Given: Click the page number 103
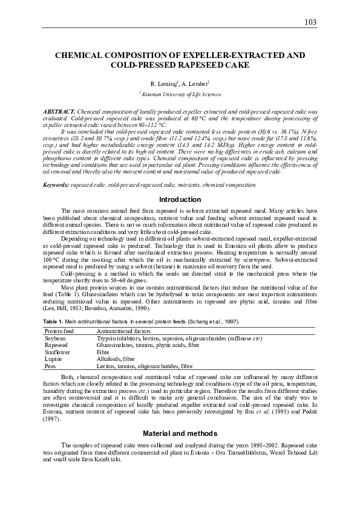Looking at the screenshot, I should coord(310,22).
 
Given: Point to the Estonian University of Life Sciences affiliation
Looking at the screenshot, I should coord(180,94).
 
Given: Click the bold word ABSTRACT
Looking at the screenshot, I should coord(59,112).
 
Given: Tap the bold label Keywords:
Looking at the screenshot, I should coord(56,184).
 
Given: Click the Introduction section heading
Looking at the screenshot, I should coord(180,199).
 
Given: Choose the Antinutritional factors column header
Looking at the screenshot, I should coord(125,331).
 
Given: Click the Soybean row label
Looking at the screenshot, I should coord(55,339).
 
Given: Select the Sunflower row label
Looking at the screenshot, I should coord(57,352).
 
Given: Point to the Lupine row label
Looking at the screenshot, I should coord(53,359).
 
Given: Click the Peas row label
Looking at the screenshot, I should coord(51,366).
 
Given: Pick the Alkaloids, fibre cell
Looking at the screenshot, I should coord(116,359).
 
